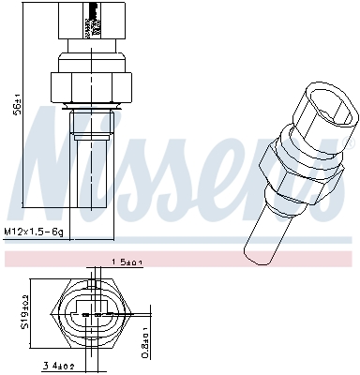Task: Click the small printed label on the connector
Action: coord(92,19)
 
